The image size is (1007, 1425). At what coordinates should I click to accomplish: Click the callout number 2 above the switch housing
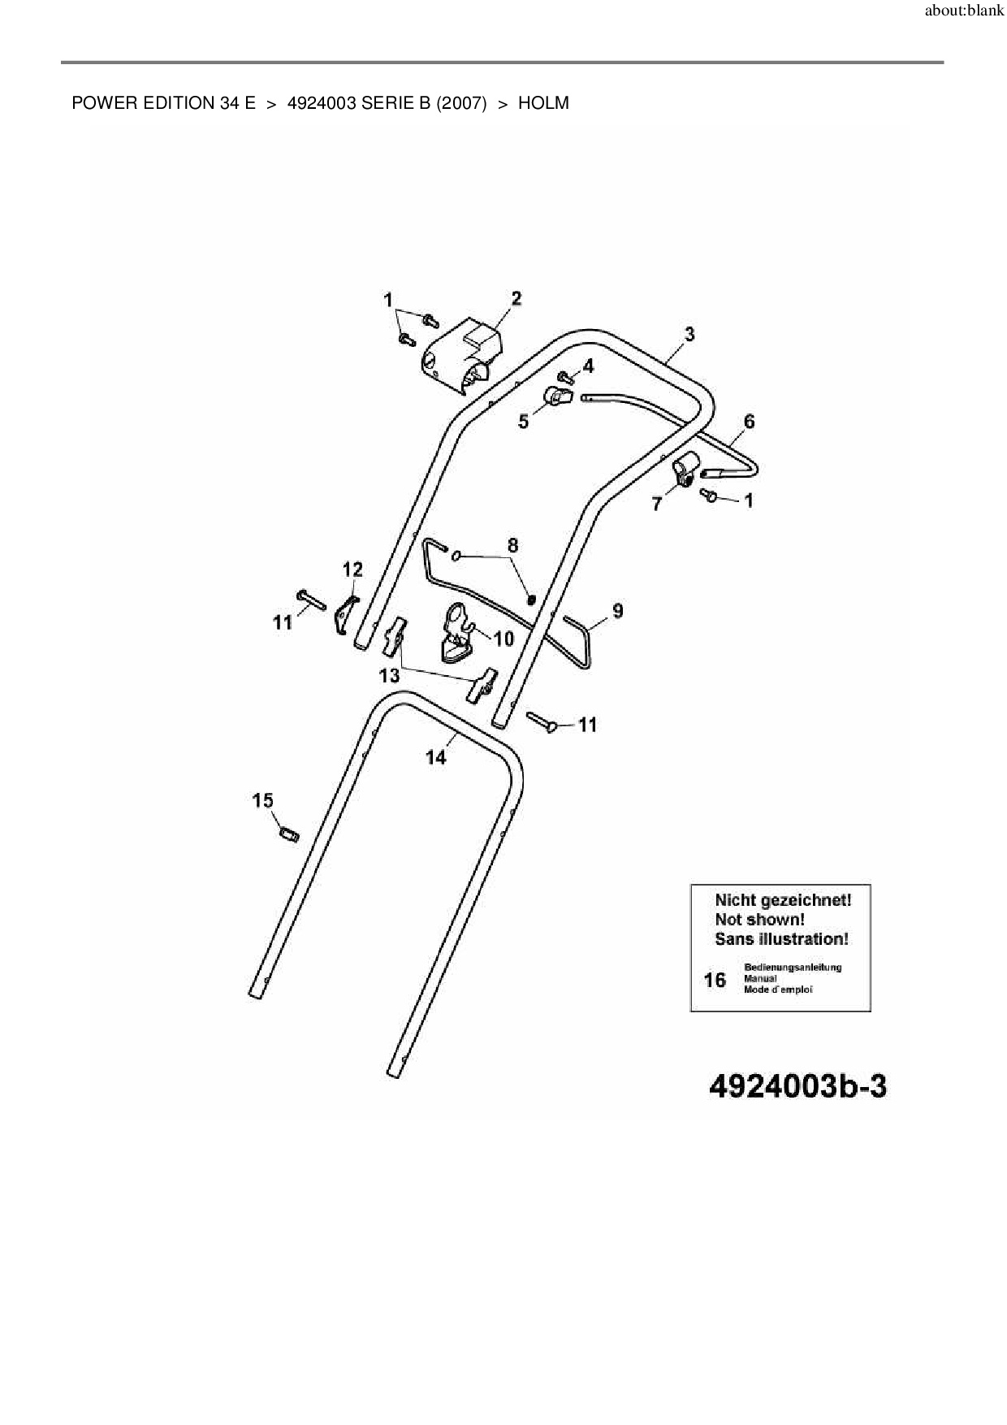[x=516, y=298]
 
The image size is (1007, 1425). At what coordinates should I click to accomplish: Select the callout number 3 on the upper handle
[x=689, y=333]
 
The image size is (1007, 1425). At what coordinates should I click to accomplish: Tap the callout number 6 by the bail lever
[x=749, y=421]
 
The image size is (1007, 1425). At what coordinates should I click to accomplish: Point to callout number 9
[x=618, y=610]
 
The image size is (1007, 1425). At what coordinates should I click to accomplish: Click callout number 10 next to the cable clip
[x=503, y=639]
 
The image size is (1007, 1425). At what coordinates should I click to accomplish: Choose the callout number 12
[x=352, y=569]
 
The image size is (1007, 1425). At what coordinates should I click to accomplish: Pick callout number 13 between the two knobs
[x=389, y=675]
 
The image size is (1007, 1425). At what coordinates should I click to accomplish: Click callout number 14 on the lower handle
[x=436, y=757]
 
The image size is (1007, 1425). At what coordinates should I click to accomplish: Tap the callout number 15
[x=262, y=801]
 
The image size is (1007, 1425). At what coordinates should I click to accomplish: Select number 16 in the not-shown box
[x=715, y=981]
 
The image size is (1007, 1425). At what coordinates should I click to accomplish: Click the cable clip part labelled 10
[x=456, y=638]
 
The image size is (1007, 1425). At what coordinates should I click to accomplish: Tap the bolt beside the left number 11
[x=311, y=600]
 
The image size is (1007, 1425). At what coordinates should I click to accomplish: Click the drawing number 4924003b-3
[x=797, y=1087]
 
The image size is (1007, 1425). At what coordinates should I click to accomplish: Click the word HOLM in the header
[x=543, y=103]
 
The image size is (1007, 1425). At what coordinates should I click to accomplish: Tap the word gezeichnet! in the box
[x=806, y=900]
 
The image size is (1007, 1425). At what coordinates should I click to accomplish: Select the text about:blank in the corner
[x=964, y=12]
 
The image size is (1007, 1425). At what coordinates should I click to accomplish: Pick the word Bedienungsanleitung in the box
[x=793, y=968]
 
